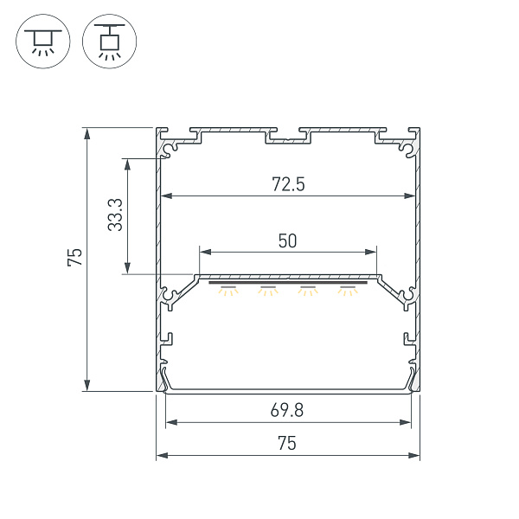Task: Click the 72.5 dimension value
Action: click(x=287, y=183)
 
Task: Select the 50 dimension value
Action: click(x=287, y=240)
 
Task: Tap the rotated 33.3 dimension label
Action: click(x=114, y=215)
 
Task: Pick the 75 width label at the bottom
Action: click(x=287, y=444)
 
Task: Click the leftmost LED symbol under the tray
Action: click(x=228, y=290)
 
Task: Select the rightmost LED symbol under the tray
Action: click(x=349, y=290)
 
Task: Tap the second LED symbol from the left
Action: click(x=267, y=290)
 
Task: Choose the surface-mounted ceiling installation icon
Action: click(x=41, y=42)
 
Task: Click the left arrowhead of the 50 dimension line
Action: click(x=202, y=252)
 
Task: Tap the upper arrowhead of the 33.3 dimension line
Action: click(x=128, y=162)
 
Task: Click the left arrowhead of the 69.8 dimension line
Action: click(x=170, y=423)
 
